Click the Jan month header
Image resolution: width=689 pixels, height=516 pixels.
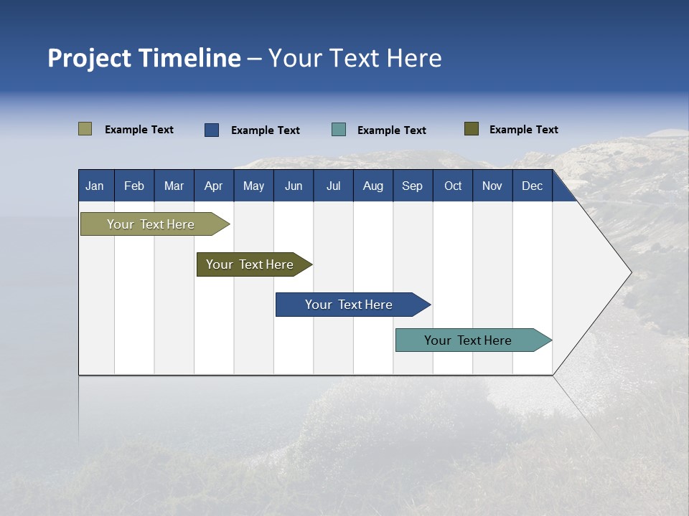(95, 186)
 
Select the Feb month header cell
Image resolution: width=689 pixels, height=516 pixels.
(134, 186)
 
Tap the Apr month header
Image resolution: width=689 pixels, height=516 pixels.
(214, 186)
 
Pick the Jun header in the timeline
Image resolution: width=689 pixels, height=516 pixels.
(294, 186)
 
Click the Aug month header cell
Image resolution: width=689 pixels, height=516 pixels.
(373, 186)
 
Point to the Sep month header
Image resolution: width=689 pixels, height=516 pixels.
(413, 186)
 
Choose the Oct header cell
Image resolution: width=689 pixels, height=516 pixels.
(453, 186)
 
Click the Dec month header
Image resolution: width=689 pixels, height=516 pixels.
(533, 186)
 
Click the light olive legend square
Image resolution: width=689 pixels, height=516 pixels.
(85, 129)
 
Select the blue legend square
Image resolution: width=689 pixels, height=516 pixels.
(212, 130)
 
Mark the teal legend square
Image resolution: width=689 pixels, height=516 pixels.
(339, 130)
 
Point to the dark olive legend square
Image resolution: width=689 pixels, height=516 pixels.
(472, 129)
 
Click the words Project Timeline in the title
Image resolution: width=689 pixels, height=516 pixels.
(144, 58)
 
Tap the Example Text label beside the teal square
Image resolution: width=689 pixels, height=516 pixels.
(392, 130)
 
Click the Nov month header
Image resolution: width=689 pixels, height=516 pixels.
(492, 186)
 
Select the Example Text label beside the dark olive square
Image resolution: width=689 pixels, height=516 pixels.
(524, 130)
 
